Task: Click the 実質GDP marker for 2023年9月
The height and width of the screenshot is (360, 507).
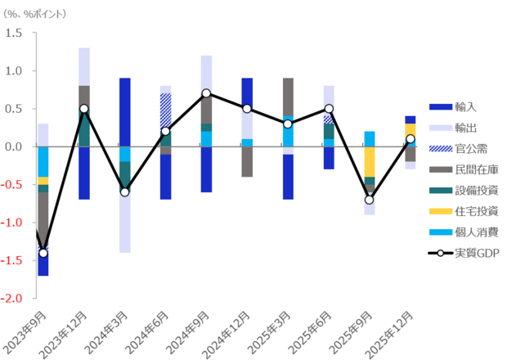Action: coord(43,253)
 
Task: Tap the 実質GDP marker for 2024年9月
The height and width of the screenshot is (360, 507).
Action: coord(206,93)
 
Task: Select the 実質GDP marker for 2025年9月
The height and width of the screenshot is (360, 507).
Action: coord(370,200)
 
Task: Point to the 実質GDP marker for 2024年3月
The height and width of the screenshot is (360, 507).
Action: coord(125,192)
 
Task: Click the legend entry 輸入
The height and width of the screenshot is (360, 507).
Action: coord(465,106)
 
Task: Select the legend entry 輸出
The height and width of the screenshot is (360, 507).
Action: coord(465,128)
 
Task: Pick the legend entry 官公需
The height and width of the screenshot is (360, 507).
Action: coord(471,148)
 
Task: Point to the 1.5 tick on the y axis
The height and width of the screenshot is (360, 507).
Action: coord(15,33)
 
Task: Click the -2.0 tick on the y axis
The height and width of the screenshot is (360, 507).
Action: coord(13,299)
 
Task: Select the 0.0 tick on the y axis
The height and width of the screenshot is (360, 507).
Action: coord(15,146)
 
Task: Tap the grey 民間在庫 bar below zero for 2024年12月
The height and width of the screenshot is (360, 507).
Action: coord(247,162)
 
